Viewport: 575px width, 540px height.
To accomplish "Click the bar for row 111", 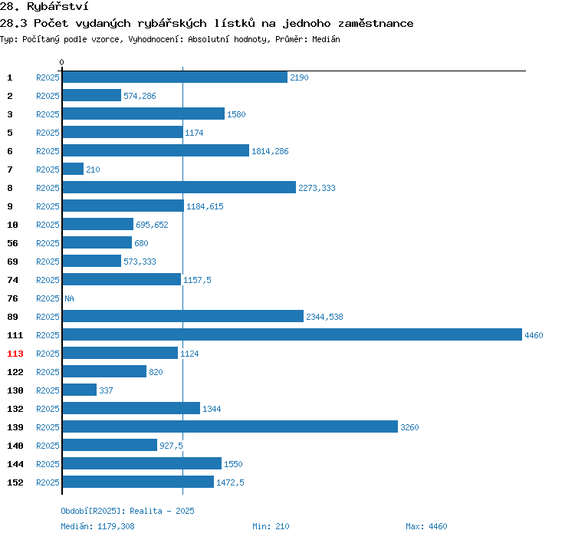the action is click(x=292, y=334).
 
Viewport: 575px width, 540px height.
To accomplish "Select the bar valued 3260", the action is click(x=230, y=426).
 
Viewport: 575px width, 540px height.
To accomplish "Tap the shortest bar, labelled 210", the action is click(x=73, y=169).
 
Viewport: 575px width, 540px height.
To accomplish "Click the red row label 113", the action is click(x=15, y=354).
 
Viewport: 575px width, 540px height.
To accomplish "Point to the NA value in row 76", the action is click(x=69, y=298).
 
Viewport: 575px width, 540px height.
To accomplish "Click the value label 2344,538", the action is click(x=324, y=317).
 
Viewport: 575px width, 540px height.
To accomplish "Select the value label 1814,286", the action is click(x=270, y=151).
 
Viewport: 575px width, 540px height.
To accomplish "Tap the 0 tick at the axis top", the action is click(x=61, y=62).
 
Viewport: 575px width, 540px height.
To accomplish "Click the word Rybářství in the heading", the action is click(x=58, y=7).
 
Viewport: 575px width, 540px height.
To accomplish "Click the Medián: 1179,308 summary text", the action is click(x=97, y=526).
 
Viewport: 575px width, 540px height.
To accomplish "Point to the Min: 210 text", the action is click(x=271, y=526).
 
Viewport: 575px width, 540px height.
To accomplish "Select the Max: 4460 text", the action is click(x=426, y=526).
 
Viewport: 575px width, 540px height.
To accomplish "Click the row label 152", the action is click(x=15, y=482).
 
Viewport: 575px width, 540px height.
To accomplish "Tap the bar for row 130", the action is click(x=80, y=390).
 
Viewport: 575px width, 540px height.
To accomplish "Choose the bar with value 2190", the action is click(x=175, y=77).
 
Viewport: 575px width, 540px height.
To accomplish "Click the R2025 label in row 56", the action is click(x=48, y=243).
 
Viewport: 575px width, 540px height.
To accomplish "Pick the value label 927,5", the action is click(x=171, y=446).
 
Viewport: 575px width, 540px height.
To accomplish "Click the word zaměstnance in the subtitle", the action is click(x=376, y=24).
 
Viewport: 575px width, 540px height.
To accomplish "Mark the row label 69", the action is click(x=12, y=262).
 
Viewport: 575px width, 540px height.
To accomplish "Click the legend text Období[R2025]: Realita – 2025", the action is click(x=127, y=511).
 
